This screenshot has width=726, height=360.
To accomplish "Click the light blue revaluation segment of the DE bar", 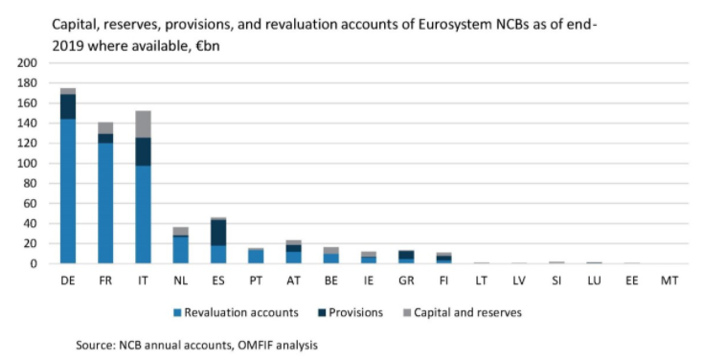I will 68,191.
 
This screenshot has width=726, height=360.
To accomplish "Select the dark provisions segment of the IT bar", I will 143,152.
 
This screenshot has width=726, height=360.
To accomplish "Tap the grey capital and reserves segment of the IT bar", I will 143,124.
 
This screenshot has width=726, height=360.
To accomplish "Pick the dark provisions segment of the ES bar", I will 218,233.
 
